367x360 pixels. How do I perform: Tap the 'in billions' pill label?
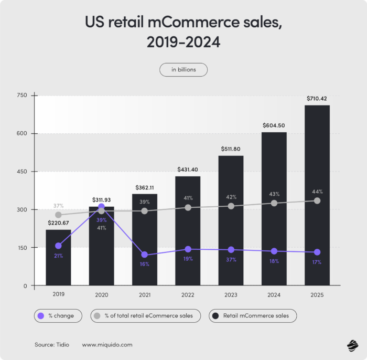183,70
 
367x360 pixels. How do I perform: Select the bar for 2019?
58,257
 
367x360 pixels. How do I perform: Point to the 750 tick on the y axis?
21,95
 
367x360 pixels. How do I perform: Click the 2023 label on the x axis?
231,295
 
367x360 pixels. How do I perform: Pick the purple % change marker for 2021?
145,255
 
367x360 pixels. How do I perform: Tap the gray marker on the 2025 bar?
317,200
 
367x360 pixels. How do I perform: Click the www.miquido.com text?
107,345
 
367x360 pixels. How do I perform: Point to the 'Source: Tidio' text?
52,345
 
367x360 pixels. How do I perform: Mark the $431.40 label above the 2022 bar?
188,170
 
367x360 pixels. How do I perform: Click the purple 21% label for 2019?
58,256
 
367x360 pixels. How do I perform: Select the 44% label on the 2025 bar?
317,192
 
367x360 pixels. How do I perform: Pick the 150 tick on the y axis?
21,248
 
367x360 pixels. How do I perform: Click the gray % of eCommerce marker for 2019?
58,215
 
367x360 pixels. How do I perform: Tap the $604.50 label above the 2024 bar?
274,125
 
